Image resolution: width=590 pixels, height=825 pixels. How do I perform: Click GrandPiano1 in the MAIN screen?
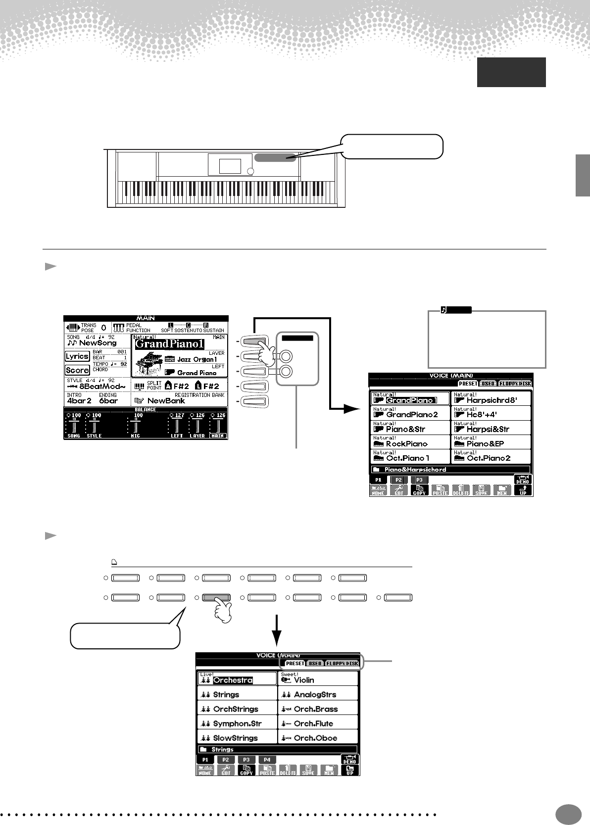(170, 343)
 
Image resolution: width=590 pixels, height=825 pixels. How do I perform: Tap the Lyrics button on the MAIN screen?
(77, 356)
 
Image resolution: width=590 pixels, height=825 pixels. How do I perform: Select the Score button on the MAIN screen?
(77, 370)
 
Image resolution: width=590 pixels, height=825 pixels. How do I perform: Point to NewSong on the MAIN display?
(97, 342)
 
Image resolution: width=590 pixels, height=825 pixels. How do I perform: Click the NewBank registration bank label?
(165, 401)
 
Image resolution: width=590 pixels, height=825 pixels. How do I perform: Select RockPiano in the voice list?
(406, 443)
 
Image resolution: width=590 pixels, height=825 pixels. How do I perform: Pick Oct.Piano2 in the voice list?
(489, 458)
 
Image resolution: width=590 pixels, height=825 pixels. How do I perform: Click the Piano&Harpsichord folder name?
(415, 469)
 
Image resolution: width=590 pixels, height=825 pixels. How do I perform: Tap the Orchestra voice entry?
(233, 680)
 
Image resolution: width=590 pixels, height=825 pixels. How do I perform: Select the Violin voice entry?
(304, 680)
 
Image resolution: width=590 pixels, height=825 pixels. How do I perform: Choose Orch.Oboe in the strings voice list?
(315, 738)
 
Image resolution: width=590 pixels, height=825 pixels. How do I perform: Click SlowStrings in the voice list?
(235, 738)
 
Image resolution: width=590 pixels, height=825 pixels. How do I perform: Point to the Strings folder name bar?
(223, 750)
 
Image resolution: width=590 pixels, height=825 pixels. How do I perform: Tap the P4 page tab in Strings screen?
(267, 760)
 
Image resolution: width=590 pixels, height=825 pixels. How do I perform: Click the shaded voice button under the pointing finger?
(216, 598)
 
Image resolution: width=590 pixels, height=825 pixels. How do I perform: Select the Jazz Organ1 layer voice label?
(197, 359)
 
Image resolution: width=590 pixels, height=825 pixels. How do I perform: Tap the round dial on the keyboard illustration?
(250, 172)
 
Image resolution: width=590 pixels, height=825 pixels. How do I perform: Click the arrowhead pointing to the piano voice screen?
(352, 409)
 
